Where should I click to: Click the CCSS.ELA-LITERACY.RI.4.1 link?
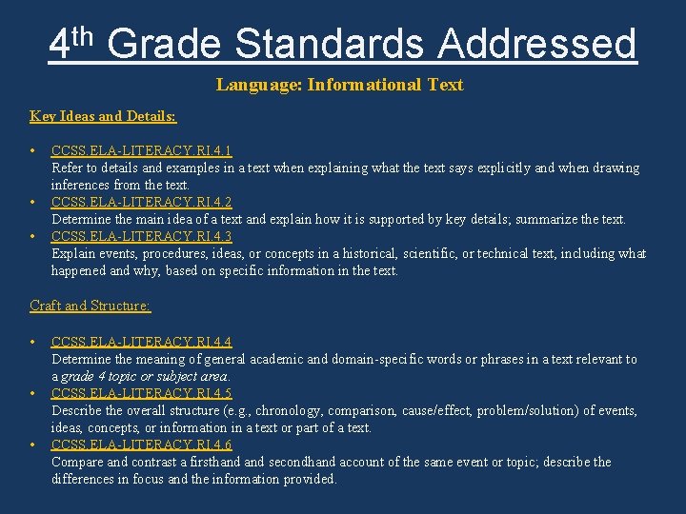tap(141, 150)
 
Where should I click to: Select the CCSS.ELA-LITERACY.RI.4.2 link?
tap(141, 202)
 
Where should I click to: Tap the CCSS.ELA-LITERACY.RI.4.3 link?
tap(141, 236)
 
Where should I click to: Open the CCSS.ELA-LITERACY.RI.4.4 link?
tap(141, 342)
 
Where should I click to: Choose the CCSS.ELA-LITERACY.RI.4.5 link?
tap(141, 393)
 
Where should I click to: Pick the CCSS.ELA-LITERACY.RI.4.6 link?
tap(141, 445)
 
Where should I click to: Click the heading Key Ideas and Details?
tap(103, 116)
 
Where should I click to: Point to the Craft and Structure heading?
tap(91, 306)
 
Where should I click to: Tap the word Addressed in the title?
tap(537, 44)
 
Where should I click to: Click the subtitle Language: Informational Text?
tap(339, 85)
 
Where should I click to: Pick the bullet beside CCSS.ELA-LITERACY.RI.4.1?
tap(33, 150)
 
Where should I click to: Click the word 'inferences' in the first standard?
tap(80, 185)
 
